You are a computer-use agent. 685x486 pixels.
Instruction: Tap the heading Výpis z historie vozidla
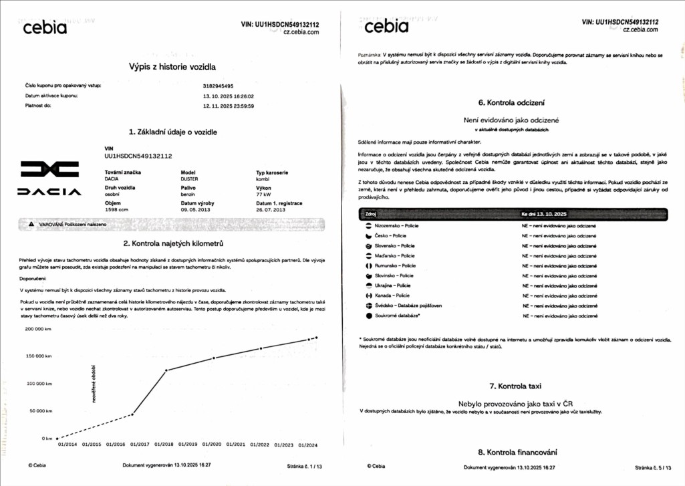[x=172, y=66]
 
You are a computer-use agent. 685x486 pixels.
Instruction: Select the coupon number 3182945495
[x=218, y=86]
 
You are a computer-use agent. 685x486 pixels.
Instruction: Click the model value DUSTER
[x=190, y=179]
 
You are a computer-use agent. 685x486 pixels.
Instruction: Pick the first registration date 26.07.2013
[x=271, y=209]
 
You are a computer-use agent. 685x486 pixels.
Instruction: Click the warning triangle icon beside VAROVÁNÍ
[x=31, y=225]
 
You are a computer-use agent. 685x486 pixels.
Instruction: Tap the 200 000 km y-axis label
[x=38, y=329]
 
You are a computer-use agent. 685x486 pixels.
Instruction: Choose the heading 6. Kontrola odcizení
[x=511, y=103]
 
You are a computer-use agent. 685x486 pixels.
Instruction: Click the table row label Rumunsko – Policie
[x=395, y=266]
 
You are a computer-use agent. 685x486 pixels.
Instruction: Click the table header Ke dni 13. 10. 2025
[x=544, y=214]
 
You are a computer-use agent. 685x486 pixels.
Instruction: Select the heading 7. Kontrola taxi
[x=515, y=386]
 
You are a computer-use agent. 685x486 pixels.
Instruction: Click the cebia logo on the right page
[x=387, y=27]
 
